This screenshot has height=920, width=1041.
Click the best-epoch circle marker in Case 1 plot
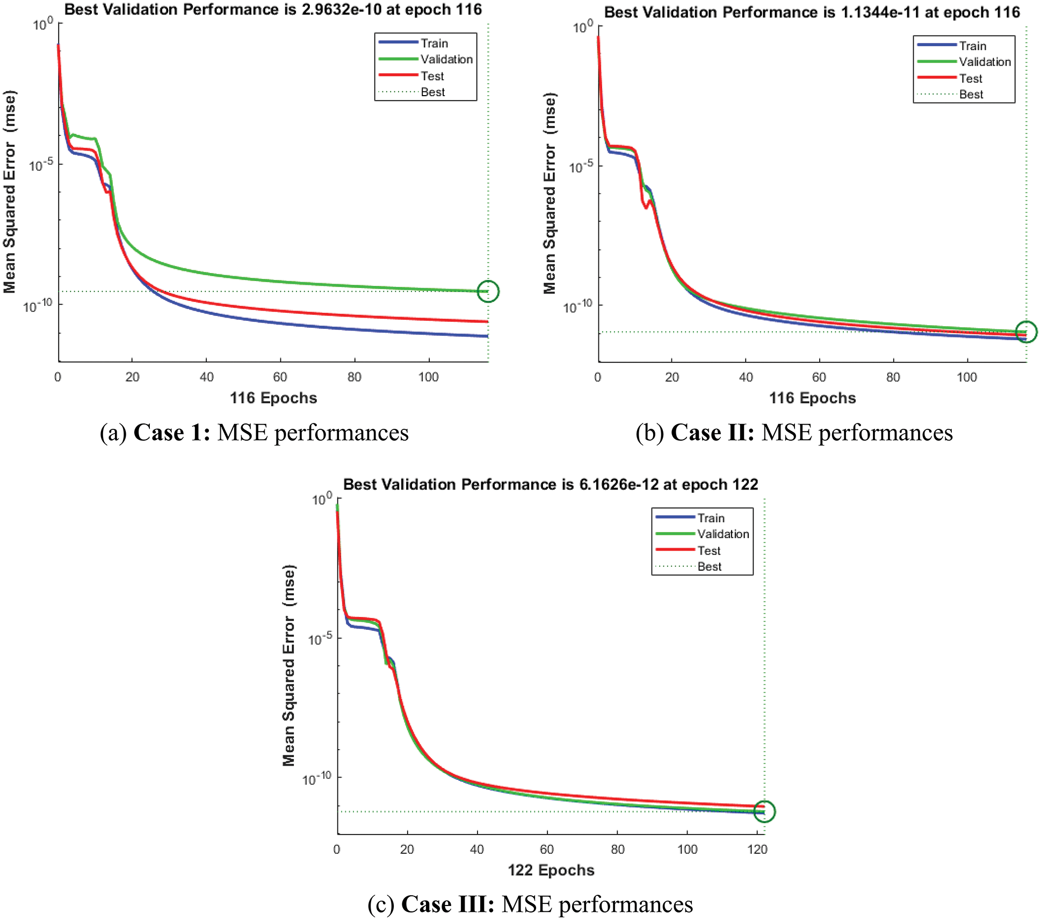[x=488, y=291]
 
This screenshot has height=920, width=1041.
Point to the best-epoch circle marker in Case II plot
[x=1026, y=332]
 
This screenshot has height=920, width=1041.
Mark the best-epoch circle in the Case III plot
[x=764, y=811]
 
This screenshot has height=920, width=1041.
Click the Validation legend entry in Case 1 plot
[x=446, y=60]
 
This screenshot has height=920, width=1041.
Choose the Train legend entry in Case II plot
[x=972, y=46]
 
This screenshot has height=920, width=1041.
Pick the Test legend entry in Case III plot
[x=709, y=551]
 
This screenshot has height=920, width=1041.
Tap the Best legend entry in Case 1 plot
[x=432, y=92]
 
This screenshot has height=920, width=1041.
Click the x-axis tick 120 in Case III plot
[x=757, y=850]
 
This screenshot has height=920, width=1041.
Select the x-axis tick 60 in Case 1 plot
[x=280, y=377]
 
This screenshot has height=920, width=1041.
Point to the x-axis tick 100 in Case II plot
[x=967, y=377]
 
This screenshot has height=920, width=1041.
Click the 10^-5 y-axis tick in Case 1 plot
[x=41, y=164]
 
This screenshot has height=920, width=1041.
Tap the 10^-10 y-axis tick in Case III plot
[x=316, y=778]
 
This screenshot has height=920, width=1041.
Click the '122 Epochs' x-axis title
[x=551, y=871]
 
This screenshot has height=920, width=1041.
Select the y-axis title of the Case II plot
[x=550, y=193]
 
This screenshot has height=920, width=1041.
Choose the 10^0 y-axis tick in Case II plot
[x=582, y=26]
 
